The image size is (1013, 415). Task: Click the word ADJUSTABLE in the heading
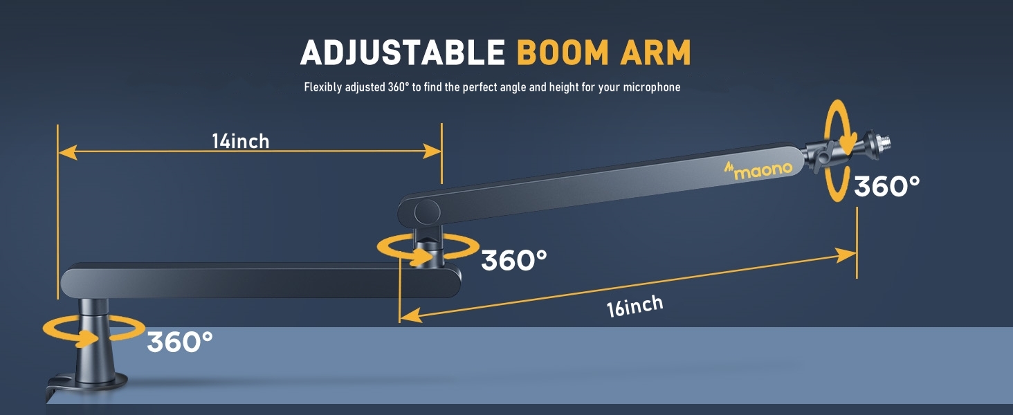[x=403, y=53]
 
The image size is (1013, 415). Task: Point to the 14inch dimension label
[x=240, y=141]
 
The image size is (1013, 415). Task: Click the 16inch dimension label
[x=635, y=306]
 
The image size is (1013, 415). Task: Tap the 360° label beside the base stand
[x=179, y=342]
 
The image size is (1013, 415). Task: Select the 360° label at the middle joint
[x=513, y=260]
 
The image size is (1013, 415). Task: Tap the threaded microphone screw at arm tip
[x=880, y=145]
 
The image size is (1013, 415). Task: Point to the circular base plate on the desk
[x=97, y=381]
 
